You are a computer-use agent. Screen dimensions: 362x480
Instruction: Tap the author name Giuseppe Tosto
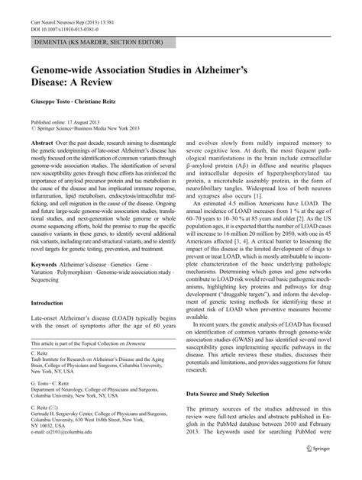click(50, 101)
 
